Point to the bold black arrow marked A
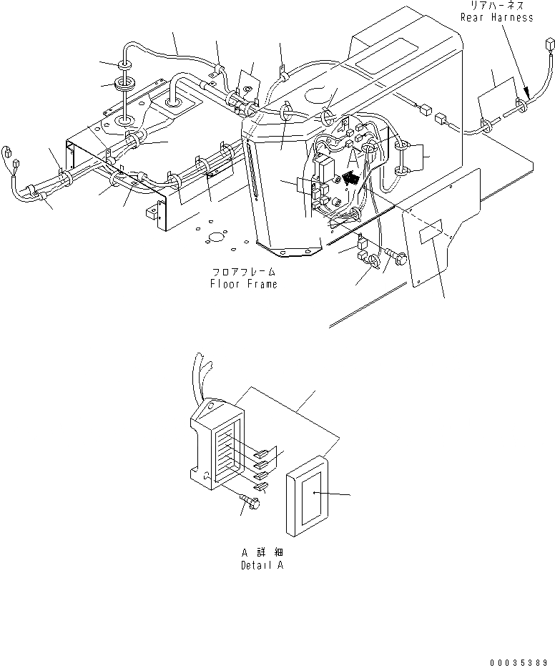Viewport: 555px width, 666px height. click(x=351, y=177)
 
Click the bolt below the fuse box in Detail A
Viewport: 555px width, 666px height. click(x=250, y=504)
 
